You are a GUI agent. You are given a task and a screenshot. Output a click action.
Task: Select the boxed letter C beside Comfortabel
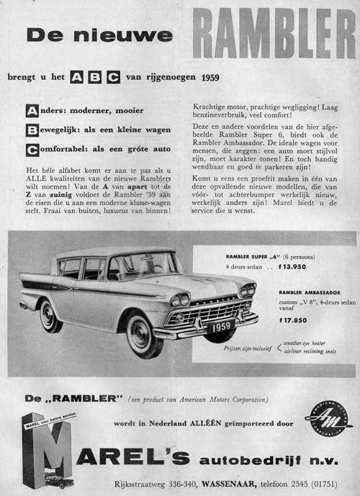click(x=31, y=150)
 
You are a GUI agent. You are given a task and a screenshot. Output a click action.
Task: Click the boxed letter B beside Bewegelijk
click(x=31, y=131)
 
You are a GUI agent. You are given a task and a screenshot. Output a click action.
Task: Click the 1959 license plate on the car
click(x=217, y=327)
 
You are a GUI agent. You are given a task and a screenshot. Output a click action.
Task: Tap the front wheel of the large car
click(x=140, y=333)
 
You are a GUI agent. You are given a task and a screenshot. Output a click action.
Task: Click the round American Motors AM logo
click(x=328, y=418)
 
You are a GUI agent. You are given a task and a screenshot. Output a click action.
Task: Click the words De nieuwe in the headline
click(x=99, y=35)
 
